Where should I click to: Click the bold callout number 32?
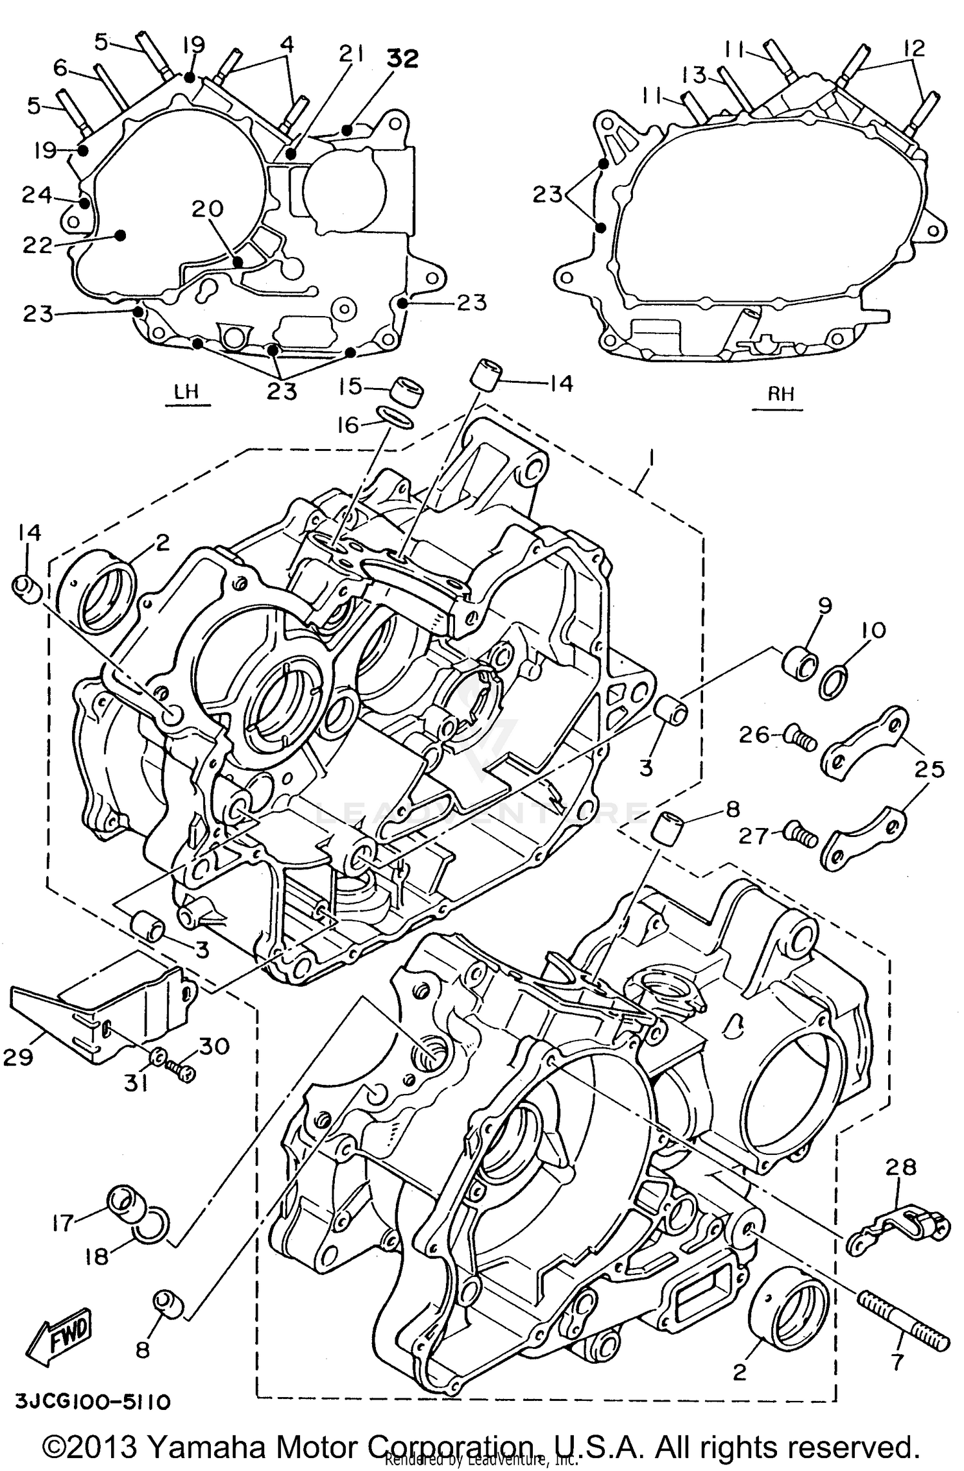click(x=402, y=58)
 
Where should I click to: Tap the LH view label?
click(x=186, y=392)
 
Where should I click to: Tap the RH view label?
click(x=781, y=393)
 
